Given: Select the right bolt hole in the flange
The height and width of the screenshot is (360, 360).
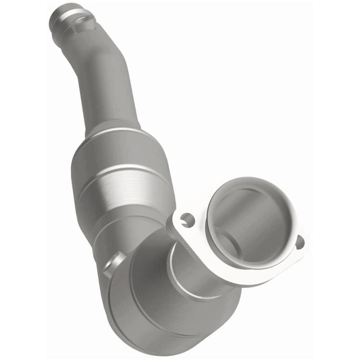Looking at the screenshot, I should tap(299, 242).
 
